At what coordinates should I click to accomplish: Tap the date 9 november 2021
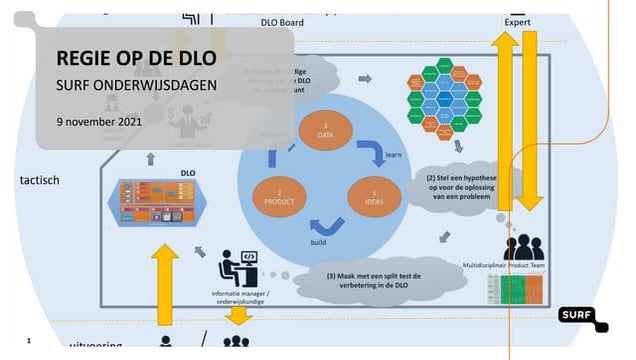coord(99,121)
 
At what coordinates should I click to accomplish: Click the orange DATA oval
coord(326,133)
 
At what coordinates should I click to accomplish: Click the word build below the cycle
coord(318,242)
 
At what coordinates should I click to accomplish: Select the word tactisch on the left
coord(39,180)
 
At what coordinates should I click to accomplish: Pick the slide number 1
coord(29,341)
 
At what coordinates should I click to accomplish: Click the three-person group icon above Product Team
coord(518,246)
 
